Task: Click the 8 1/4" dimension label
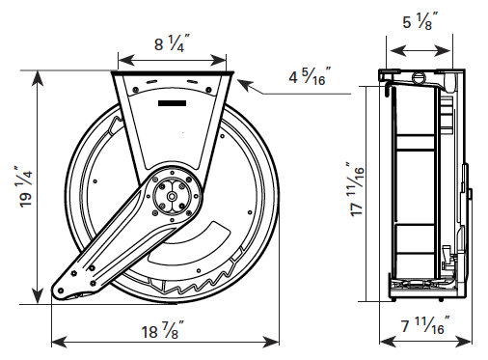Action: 172,43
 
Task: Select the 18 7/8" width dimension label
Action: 163,330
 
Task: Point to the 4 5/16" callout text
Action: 310,76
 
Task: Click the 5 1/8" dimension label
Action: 420,21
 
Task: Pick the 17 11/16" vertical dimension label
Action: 356,189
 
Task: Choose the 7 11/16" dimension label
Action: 425,325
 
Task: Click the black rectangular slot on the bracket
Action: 172,103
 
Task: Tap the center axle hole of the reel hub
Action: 172,196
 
